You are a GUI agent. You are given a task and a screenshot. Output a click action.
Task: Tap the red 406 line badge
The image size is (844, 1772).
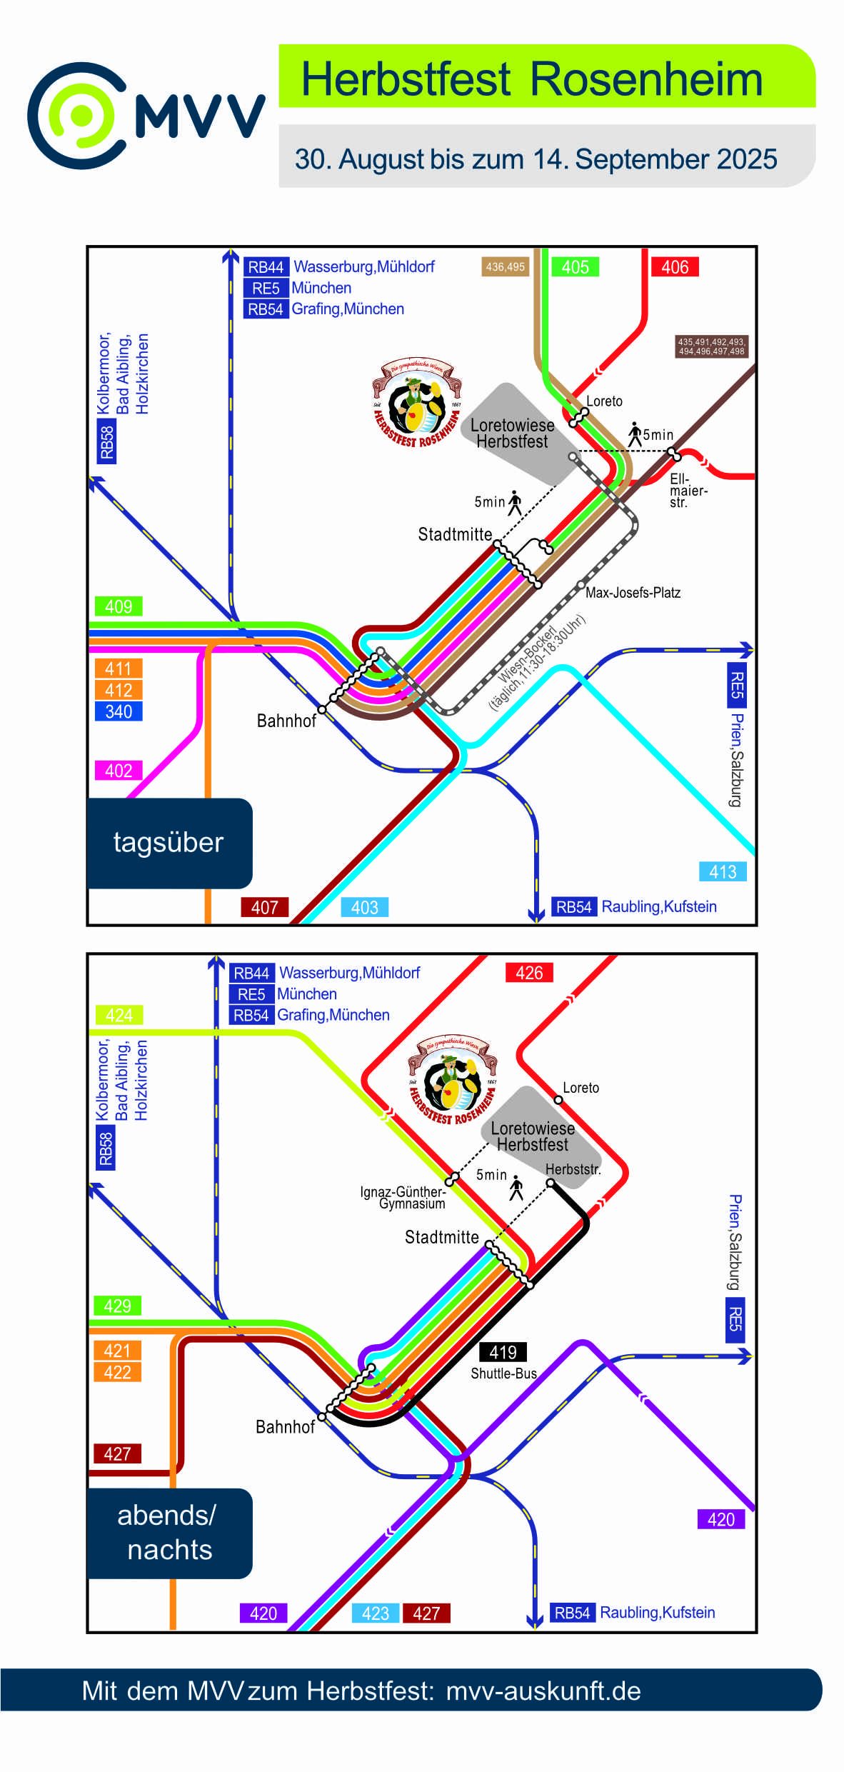point(675,267)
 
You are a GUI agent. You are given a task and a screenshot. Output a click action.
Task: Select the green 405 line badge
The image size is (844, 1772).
point(575,267)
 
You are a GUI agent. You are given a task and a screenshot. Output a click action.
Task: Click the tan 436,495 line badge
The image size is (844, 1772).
point(505,267)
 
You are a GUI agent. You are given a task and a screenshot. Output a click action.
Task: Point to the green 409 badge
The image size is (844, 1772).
point(119,606)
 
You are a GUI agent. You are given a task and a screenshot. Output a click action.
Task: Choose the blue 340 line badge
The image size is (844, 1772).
point(119,711)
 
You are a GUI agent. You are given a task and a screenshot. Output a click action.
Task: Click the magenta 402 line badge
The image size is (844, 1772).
point(119,771)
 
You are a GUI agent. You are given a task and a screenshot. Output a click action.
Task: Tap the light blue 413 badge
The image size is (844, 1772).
point(723,871)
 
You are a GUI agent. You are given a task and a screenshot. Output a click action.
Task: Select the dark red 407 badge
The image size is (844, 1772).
point(264,907)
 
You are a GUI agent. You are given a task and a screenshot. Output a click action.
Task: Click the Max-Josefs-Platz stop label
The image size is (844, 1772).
point(633,593)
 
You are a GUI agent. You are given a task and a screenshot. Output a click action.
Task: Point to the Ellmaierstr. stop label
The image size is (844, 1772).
point(688,491)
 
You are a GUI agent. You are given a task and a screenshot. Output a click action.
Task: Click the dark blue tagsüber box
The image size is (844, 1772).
point(169,843)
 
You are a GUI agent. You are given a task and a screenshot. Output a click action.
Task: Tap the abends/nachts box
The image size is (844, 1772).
point(169,1533)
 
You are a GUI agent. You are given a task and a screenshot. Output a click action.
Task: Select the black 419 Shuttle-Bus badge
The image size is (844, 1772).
point(503,1352)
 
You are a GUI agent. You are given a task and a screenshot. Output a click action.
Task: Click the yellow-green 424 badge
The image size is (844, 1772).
point(119,1015)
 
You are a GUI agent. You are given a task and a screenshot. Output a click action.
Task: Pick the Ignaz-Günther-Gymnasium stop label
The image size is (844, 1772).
point(403,1197)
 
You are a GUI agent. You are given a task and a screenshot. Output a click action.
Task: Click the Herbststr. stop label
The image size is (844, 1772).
point(573,1169)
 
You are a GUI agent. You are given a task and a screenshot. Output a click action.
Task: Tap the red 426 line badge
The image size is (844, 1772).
point(529,973)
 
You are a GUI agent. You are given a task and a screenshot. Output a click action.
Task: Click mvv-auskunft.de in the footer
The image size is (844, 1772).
point(543,1691)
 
